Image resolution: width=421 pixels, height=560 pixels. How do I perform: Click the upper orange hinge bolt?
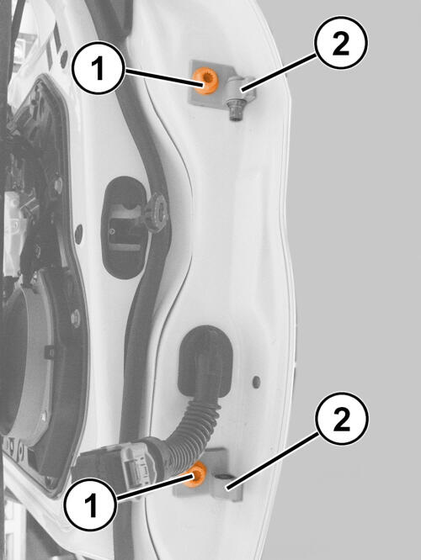[205, 81]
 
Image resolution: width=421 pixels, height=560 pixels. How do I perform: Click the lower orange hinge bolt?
[196, 474]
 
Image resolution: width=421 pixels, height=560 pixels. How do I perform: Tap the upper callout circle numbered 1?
[99, 68]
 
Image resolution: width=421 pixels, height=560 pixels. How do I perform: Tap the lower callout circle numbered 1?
[91, 505]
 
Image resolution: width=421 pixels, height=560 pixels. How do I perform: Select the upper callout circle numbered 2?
[341, 43]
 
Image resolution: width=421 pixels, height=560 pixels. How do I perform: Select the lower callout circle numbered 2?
[342, 419]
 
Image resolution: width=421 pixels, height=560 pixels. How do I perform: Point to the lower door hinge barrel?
[226, 487]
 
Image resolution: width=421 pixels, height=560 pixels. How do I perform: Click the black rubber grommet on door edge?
[205, 361]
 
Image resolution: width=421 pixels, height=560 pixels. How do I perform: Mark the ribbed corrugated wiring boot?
[195, 427]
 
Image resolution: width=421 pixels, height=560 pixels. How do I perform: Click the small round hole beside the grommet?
[256, 382]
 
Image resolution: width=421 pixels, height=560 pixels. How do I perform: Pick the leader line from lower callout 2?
[274, 460]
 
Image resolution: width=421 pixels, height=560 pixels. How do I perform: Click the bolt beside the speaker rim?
[76, 318]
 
